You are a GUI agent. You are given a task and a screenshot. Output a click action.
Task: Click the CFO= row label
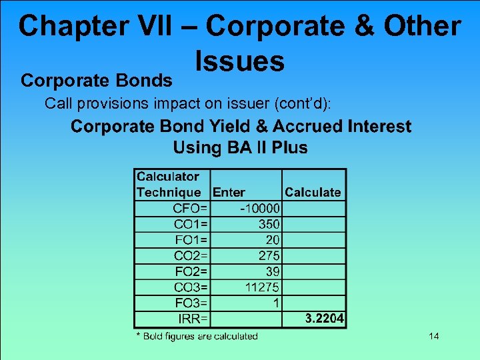click(190, 209)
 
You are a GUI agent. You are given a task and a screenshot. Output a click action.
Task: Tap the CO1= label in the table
click(190, 224)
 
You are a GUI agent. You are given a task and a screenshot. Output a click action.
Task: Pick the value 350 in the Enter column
click(269, 224)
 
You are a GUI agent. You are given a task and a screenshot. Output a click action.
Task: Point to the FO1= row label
click(190, 239)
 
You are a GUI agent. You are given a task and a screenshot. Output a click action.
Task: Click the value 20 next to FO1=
click(273, 239)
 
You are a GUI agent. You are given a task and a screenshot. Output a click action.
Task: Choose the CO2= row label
click(190, 255)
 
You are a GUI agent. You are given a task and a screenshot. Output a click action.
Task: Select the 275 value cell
click(269, 255)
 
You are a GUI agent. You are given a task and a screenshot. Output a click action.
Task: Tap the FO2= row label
click(190, 271)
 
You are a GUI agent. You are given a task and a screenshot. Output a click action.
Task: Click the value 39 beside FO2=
click(273, 271)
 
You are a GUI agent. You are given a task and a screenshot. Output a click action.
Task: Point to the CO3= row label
click(190, 287)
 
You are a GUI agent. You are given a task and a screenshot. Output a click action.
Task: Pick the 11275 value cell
click(263, 287)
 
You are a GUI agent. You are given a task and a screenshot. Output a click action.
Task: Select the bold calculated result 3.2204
click(324, 319)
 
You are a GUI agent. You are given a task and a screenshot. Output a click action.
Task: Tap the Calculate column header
click(313, 193)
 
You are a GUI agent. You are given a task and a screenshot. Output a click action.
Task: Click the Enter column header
click(229, 193)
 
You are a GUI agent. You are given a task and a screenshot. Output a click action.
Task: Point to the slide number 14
click(433, 336)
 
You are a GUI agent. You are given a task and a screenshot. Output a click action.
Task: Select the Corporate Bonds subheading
click(97, 81)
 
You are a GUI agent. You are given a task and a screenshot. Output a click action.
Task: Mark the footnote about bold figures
click(197, 336)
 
